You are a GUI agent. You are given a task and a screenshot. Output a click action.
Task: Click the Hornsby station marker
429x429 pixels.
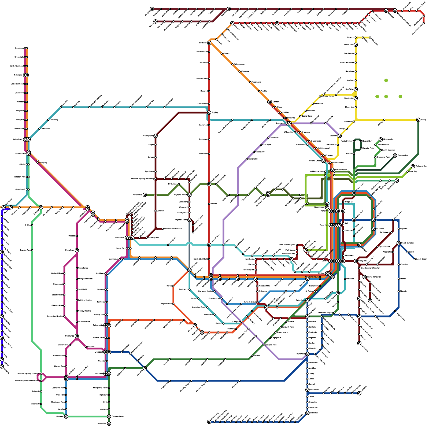(x=209, y=43)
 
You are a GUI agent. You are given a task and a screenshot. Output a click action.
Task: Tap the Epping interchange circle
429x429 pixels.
(x=209, y=113)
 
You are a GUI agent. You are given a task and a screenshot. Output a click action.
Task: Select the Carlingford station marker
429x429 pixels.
(x=156, y=136)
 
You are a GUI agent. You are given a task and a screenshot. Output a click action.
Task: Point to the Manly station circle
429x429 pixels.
(x=418, y=120)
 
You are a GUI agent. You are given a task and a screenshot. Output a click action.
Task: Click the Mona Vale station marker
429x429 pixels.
(x=356, y=45)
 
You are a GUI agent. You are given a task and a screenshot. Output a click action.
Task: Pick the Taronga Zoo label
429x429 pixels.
(x=403, y=156)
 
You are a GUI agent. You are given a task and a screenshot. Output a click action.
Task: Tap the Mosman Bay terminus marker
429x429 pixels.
(x=381, y=139)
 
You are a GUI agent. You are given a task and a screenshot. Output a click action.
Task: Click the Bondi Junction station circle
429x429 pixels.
(x=399, y=243)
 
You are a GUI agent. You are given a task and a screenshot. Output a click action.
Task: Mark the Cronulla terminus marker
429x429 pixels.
(x=359, y=393)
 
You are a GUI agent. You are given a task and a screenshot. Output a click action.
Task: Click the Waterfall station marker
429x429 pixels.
(x=308, y=413)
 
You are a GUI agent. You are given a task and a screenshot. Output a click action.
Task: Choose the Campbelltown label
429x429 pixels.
(x=118, y=416)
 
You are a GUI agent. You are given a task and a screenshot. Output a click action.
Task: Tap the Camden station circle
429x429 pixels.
(x=66, y=416)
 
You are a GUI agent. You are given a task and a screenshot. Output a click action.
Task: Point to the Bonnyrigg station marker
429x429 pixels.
(x=77, y=336)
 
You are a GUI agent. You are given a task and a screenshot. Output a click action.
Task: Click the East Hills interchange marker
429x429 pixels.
(x=145, y=368)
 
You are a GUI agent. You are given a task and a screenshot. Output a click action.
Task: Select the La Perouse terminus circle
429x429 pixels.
(x=359, y=343)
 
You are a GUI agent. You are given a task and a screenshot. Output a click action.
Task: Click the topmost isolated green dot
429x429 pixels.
(x=386, y=80)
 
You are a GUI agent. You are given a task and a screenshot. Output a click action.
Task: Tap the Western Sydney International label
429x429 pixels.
(x=27, y=381)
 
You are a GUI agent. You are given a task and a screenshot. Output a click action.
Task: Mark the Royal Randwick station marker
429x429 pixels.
(x=365, y=277)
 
